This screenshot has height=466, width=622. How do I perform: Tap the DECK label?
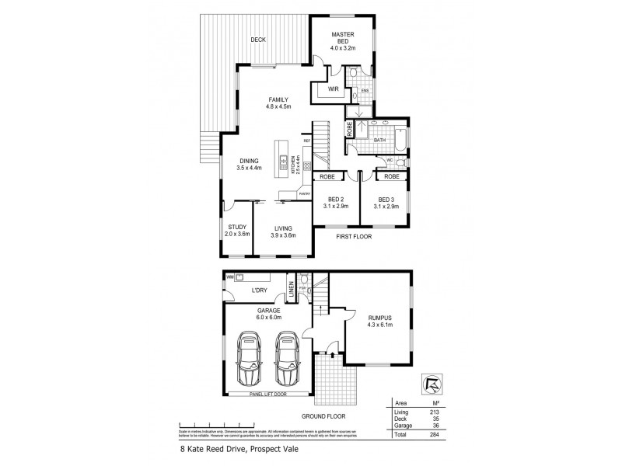click(259, 40)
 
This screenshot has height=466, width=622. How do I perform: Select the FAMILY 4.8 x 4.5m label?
click(278, 104)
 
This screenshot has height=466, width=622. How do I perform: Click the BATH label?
click(381, 141)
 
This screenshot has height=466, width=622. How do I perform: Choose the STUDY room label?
click(237, 231)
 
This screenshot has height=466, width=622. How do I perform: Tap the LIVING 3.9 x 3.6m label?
click(282, 231)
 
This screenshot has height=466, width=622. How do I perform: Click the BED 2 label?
click(337, 202)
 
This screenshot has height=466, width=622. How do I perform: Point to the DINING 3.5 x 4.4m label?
click(250, 164)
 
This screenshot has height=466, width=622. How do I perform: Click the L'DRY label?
click(259, 291)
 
